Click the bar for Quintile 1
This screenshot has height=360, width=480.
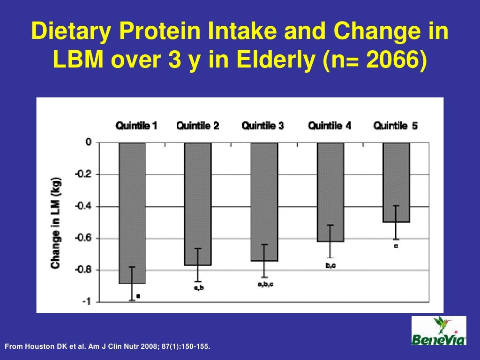click(x=132, y=213)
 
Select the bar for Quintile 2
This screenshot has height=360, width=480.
click(x=198, y=204)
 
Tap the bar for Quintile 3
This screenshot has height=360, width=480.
click(x=264, y=202)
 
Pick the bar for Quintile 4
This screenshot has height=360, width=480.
click(x=330, y=192)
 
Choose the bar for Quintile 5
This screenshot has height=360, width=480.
click(x=396, y=182)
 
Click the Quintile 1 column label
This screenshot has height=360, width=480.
click(x=136, y=126)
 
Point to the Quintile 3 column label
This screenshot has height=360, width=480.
click(x=262, y=126)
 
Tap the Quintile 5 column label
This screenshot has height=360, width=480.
click(x=395, y=126)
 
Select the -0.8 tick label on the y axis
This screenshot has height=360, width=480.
click(x=84, y=270)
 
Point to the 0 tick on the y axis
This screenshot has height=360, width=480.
click(x=88, y=142)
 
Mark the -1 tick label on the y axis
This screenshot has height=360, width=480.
click(x=86, y=302)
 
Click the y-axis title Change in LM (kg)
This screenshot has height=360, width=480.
click(x=56, y=223)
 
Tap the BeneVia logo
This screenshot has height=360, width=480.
click(x=439, y=330)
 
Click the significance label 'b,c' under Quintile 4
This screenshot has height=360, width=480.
click(x=330, y=266)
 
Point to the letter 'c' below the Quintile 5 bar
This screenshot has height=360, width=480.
click(x=396, y=246)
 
